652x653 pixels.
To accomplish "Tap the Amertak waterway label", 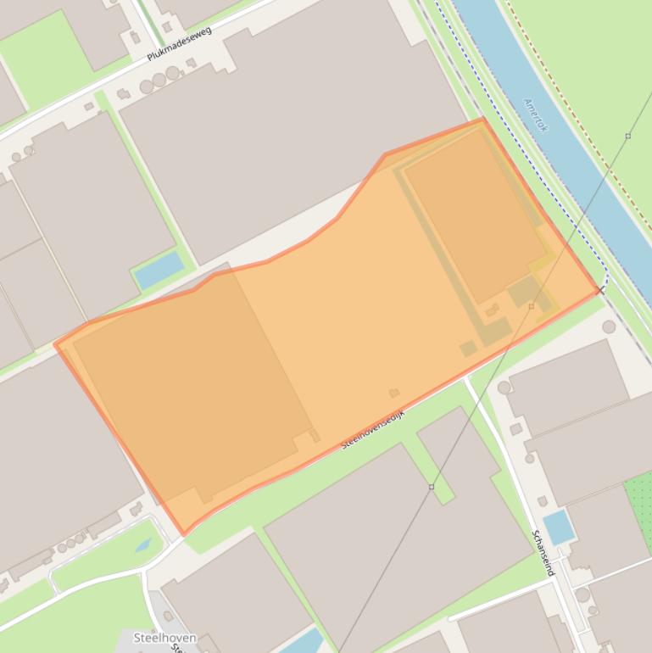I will click(536, 114).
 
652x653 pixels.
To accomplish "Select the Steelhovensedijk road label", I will click(373, 429).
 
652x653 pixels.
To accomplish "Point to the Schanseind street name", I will click(543, 553).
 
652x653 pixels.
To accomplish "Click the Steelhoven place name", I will click(164, 638).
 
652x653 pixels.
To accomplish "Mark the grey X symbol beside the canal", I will click(601, 291).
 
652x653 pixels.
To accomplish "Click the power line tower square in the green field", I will click(628, 136).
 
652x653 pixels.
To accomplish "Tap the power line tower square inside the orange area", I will click(532, 306).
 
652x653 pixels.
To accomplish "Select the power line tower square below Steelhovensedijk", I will click(432, 487).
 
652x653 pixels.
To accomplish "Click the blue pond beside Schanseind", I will click(558, 527).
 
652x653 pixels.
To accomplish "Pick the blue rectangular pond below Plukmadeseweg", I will click(159, 270).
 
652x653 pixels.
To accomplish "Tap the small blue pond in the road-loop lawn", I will click(142, 544).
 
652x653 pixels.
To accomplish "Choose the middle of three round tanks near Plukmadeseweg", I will click(159, 81).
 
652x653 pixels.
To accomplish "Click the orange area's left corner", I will click(56, 344).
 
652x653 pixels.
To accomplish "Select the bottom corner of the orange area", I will click(184, 533).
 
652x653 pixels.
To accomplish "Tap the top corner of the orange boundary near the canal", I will click(482, 120).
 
